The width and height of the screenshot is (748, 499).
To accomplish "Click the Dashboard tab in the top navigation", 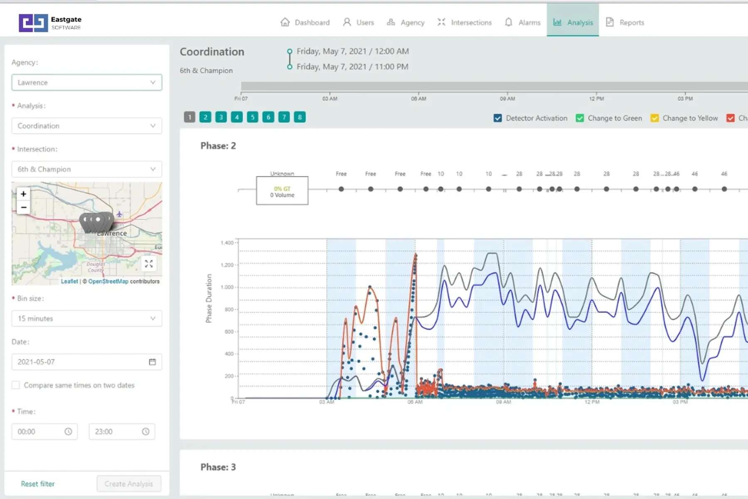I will [x=305, y=22].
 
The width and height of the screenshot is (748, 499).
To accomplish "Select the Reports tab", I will [x=625, y=22].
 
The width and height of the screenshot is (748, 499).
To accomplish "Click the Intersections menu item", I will [x=465, y=22].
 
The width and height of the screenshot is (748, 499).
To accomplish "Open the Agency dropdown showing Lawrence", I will [x=86, y=82].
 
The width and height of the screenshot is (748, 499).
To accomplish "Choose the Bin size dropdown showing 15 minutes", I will [x=86, y=319].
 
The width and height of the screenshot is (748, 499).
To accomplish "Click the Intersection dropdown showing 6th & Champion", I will [x=86, y=169].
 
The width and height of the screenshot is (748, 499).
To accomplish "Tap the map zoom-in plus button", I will [x=24, y=194].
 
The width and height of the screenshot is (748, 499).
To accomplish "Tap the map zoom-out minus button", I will [x=24, y=207].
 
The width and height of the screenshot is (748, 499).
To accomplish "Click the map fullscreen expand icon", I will [x=149, y=264].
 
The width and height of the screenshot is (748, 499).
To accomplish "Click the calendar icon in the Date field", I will [x=153, y=362].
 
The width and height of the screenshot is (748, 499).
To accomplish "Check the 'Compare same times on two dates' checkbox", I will [x=16, y=385].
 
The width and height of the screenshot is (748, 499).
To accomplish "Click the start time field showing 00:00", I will [x=44, y=432].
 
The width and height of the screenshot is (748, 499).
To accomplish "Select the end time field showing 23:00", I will [x=121, y=432].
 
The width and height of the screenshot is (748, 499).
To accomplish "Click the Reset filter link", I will [x=38, y=484].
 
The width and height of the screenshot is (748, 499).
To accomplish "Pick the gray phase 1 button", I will [x=189, y=117].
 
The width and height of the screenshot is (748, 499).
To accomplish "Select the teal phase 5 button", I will [x=253, y=117].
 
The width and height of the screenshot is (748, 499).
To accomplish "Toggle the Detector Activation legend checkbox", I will [x=498, y=118].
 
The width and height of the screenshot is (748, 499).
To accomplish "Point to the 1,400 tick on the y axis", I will [x=227, y=243].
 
